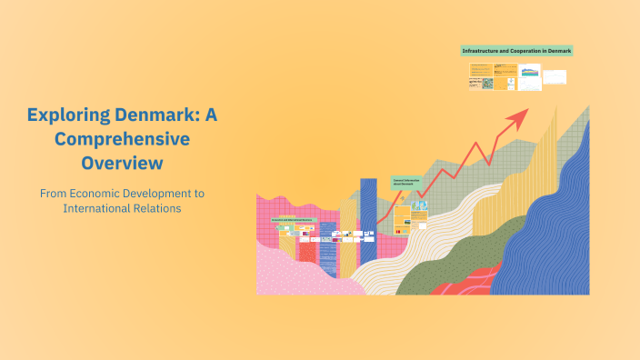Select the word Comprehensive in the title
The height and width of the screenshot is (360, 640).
(x=122, y=140)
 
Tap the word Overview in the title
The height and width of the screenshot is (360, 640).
(x=122, y=164)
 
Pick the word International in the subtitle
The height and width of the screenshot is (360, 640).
(x=96, y=209)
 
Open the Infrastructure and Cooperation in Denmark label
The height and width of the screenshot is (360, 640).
(x=516, y=51)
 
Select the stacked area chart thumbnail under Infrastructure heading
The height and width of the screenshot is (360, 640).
(x=529, y=72)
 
